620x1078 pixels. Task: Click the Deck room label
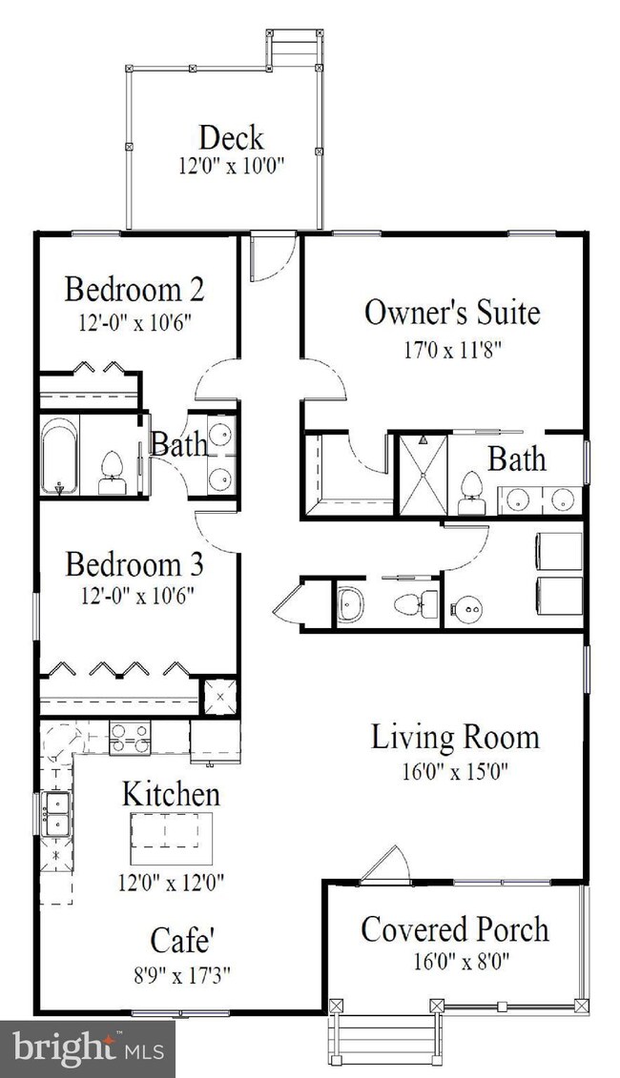coord(231,138)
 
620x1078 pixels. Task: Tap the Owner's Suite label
coord(452,313)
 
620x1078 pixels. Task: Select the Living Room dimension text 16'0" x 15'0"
coord(455,771)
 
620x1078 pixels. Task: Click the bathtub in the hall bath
coord(59,457)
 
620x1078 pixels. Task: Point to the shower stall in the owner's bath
coord(424,475)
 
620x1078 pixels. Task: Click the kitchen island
coord(172,839)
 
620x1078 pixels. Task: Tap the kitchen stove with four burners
coord(130,739)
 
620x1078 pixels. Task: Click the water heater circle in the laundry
coord(466,608)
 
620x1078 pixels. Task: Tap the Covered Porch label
coord(456,930)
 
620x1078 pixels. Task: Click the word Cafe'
coord(181,941)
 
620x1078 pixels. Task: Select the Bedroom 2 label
coord(134,290)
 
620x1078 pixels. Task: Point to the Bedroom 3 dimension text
coord(135,596)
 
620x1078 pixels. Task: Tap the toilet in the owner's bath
coord(471,494)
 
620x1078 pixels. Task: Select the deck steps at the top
coord(295,48)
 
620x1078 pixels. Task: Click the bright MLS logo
coord(88,1049)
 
